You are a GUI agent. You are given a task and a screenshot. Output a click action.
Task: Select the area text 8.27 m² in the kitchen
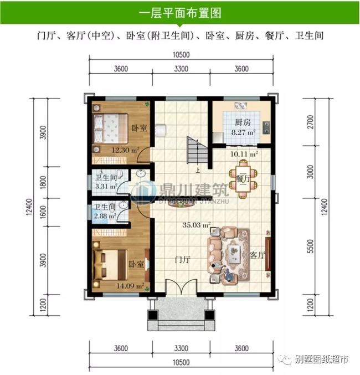tap(242, 132)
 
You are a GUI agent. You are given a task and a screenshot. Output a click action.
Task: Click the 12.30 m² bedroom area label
tap(126, 150)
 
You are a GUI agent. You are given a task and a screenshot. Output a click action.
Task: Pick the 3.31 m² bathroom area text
tap(105, 186)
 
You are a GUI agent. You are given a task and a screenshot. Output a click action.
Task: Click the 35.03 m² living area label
tap(198, 225)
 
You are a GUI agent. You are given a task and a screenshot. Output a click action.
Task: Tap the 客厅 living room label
tap(258, 255)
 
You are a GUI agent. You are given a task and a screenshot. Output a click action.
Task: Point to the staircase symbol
tap(196, 150)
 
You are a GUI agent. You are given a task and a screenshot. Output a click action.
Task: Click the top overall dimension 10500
tap(181, 55)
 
